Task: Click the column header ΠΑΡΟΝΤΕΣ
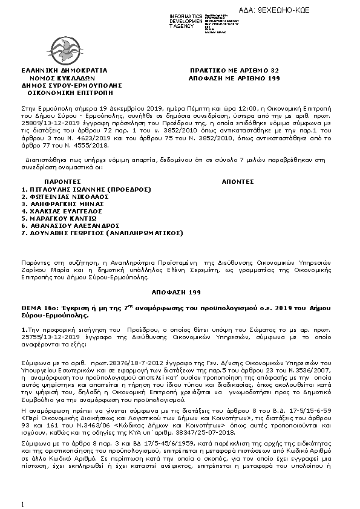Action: pos(62,181)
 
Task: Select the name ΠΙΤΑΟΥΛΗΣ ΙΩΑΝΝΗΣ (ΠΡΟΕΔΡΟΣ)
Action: pos(77,189)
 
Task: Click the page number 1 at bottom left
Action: pos(22,504)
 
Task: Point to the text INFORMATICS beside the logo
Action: pos(186,15)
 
